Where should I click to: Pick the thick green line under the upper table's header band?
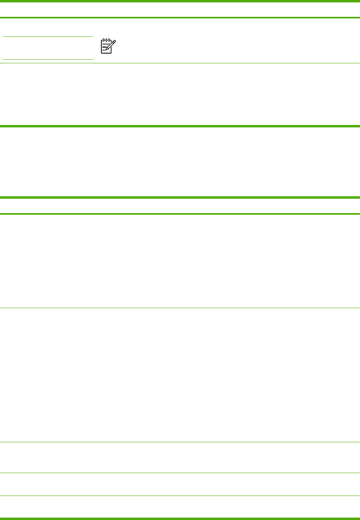click(180, 18)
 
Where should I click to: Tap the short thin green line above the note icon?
click(48, 37)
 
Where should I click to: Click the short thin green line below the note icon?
click(48, 60)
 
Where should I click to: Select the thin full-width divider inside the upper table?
click(180, 63)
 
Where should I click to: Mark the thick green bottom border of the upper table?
click(180, 126)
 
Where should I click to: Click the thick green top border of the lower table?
click(180, 198)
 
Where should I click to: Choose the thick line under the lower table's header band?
click(180, 214)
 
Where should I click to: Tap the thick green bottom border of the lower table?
click(180, 519)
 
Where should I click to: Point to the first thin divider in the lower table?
click(180, 308)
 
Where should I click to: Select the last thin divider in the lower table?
click(180, 496)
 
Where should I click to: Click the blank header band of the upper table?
click(180, 10)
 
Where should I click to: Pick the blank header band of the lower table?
click(180, 206)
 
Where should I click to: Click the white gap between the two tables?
click(180, 162)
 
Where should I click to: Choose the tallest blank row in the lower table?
click(180, 375)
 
